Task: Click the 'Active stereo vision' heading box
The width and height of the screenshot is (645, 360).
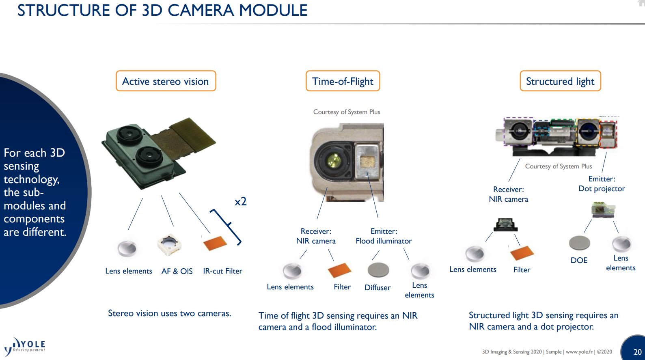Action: tap(166, 81)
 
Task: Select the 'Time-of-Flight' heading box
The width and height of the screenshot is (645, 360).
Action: tap(343, 81)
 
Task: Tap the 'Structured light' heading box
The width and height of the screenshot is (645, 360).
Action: tap(560, 81)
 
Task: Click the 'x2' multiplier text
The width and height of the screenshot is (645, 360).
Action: tap(240, 201)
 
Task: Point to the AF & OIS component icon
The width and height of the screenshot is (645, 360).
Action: tap(169, 245)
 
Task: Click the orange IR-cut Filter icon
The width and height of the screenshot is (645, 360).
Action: tap(215, 243)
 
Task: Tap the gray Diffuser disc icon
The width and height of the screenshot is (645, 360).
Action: tap(378, 270)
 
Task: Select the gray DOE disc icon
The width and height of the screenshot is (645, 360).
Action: tap(579, 243)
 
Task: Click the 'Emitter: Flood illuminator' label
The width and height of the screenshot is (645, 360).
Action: tap(384, 236)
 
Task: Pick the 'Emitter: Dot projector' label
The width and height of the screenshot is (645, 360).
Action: tap(602, 184)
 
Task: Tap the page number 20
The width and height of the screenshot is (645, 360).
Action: tap(637, 352)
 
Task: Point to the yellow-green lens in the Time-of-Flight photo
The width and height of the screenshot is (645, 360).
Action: tap(334, 161)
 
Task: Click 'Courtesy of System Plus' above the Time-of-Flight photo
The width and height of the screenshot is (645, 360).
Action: tap(347, 112)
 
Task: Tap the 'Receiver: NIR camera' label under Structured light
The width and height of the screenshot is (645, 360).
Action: tap(508, 194)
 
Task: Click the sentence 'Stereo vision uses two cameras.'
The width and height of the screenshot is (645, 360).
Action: tap(169, 313)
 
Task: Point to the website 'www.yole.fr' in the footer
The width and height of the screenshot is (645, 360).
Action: tap(579, 352)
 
